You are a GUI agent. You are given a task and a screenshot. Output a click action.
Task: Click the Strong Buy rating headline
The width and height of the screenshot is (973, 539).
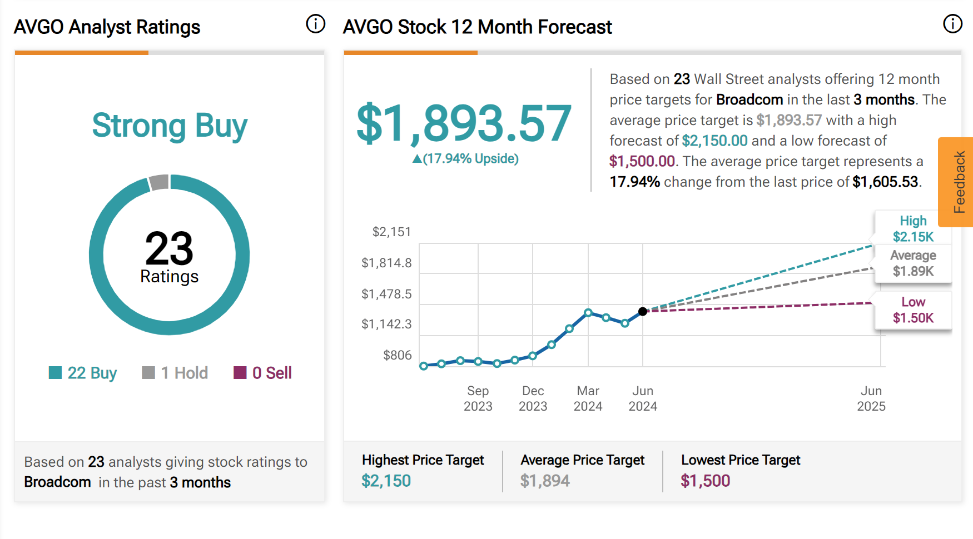(170, 126)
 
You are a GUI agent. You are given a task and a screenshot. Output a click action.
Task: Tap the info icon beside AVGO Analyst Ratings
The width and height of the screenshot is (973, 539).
(316, 24)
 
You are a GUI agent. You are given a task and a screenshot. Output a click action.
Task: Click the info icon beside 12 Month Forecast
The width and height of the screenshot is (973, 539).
(952, 24)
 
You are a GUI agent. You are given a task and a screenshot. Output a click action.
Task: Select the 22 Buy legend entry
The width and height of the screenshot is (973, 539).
(83, 373)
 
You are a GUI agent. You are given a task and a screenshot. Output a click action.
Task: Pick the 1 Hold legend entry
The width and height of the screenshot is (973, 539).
(175, 373)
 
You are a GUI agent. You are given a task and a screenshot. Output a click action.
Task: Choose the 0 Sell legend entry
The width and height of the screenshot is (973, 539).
(263, 373)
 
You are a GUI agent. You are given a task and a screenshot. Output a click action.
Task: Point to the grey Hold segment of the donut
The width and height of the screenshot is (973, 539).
(159, 182)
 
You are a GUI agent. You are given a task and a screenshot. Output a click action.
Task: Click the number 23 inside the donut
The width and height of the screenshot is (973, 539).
(169, 248)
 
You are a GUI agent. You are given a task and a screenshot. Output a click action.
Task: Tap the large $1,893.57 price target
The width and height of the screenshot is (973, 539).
(464, 123)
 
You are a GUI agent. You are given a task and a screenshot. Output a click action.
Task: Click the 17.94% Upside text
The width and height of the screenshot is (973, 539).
(465, 159)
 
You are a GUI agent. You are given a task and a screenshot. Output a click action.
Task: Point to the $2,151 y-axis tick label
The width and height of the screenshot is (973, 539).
(391, 232)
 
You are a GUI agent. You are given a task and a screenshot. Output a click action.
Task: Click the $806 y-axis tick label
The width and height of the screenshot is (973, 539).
(397, 355)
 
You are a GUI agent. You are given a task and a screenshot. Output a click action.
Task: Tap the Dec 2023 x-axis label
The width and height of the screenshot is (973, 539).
(533, 398)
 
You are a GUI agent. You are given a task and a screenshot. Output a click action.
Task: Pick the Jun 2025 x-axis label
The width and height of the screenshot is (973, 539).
(871, 398)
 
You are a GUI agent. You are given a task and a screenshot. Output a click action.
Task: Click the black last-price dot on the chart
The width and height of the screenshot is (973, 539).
(643, 311)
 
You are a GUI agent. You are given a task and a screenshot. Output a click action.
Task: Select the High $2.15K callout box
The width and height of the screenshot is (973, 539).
(913, 228)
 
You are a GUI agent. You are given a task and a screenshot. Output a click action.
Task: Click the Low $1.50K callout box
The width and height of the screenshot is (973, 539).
(913, 310)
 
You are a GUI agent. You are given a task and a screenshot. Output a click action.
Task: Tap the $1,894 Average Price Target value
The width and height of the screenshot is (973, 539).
(545, 481)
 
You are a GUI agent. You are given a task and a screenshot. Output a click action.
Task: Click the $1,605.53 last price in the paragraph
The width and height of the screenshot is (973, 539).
(885, 182)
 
